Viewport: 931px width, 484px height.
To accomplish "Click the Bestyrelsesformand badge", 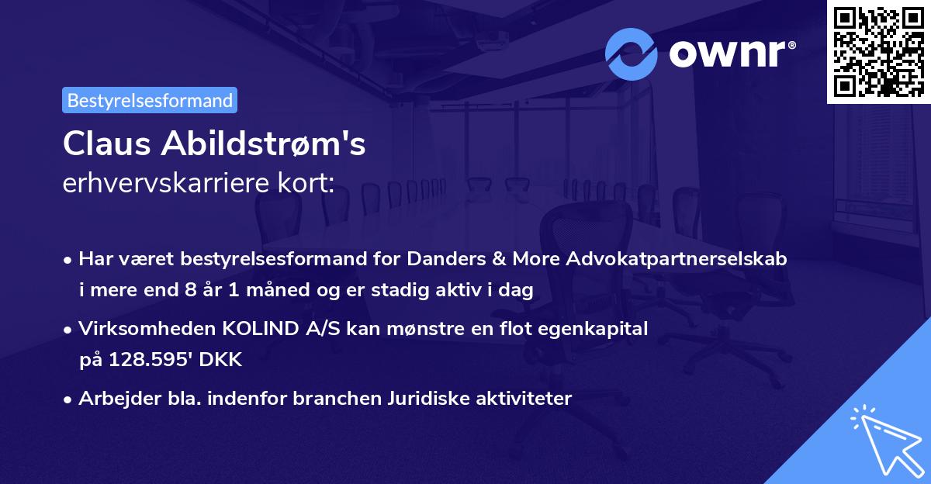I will click(150, 100).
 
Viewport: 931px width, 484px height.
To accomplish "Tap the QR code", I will click(878, 52).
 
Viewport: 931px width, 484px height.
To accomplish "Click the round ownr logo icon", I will click(632, 54).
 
